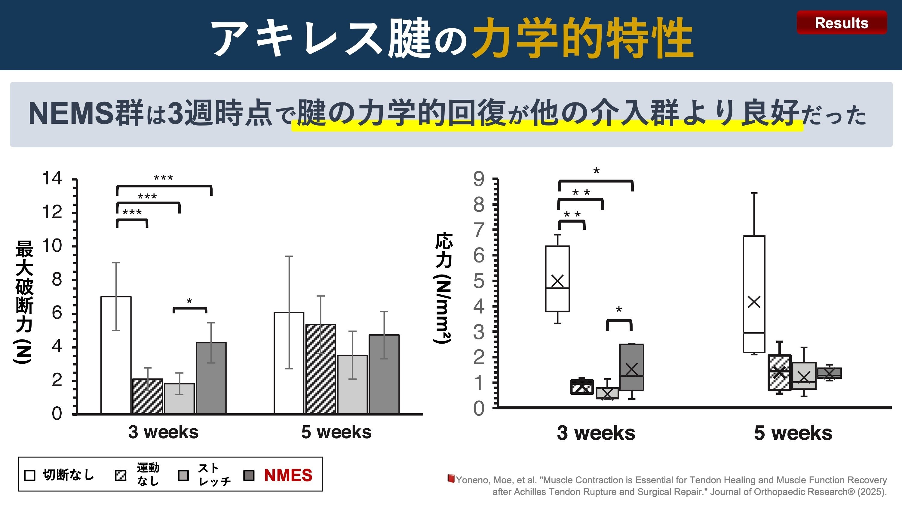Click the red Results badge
[842, 23]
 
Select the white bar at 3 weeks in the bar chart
[116, 355]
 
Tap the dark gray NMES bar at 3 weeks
[211, 378]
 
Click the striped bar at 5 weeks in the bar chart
[321, 369]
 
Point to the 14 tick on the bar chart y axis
[52, 178]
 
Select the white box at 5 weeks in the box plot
[754, 294]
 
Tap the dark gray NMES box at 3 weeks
[632, 367]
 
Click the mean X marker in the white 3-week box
[557, 281]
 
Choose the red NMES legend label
[288, 475]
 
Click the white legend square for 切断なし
[30, 475]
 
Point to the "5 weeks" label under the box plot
[793, 433]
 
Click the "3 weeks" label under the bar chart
[163, 432]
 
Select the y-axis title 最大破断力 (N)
[24, 301]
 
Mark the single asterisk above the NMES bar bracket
[189, 301]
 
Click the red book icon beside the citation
[451, 478]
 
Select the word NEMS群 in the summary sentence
[86, 113]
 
